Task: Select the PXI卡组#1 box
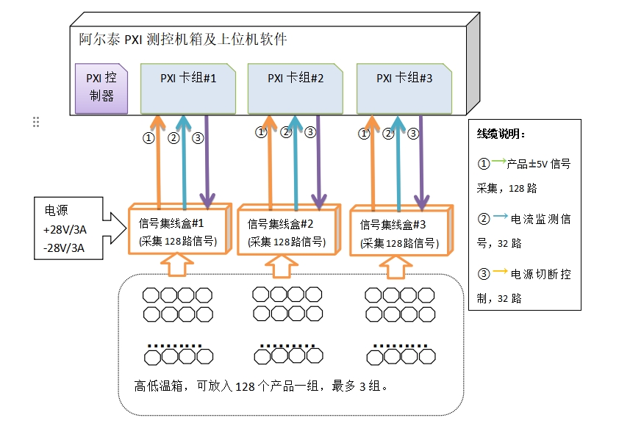coord(187,88)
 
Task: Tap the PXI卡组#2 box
coord(295,88)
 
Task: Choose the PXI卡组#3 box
coord(404,88)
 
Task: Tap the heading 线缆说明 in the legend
coord(501,134)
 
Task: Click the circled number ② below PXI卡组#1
coord(173,137)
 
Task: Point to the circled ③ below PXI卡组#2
coord(310,133)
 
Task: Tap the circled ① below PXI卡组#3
coord(363,134)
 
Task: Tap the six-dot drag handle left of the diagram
coord(35,122)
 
